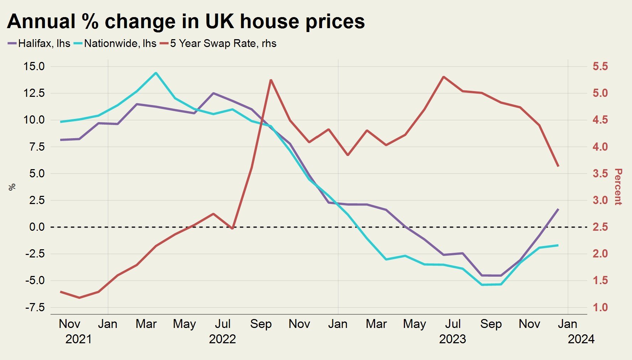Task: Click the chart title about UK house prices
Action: [x=186, y=21]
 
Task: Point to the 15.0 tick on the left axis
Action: [x=34, y=66]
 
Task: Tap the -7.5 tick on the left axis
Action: [x=35, y=307]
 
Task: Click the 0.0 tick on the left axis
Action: [x=37, y=227]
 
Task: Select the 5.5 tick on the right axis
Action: [x=600, y=66]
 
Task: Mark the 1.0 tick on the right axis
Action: [x=600, y=307]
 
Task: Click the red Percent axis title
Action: [x=618, y=187]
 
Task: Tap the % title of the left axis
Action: [x=12, y=187]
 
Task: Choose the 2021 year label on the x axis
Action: [x=78, y=339]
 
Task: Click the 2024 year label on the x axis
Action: [x=581, y=339]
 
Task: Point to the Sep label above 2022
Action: [x=261, y=324]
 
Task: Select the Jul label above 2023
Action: [x=453, y=324]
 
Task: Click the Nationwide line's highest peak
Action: [x=156, y=73]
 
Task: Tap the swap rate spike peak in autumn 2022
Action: [x=271, y=80]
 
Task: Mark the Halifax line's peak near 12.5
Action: [x=213, y=93]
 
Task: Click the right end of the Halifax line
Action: [x=558, y=209]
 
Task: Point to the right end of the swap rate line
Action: [x=558, y=166]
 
